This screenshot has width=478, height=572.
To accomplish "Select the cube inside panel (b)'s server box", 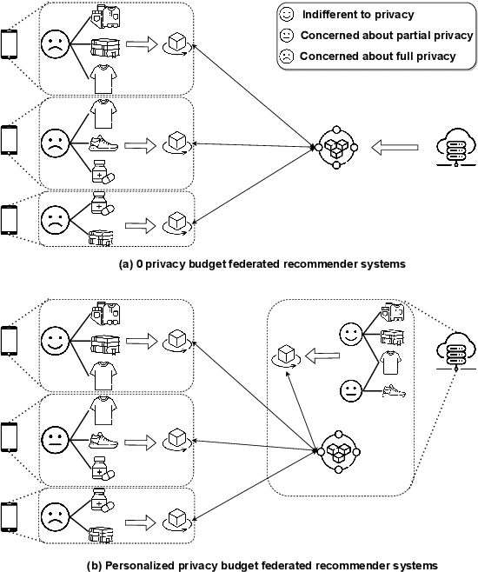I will pyautogui.click(x=285, y=356).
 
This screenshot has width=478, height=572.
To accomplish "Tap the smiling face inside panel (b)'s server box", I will pyautogui.click(x=350, y=334).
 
